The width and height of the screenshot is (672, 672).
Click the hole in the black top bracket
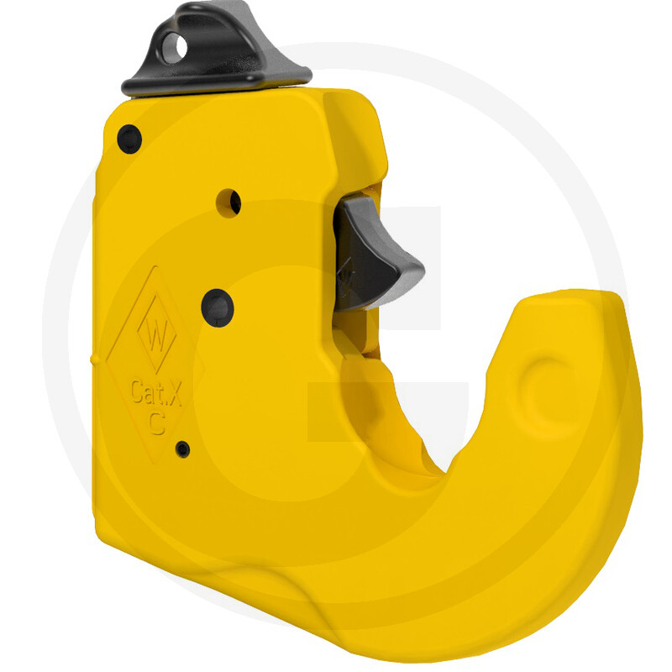click(x=175, y=48)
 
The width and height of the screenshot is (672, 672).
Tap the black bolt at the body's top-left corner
click(x=129, y=139)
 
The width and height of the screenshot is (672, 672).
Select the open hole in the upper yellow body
click(x=228, y=203)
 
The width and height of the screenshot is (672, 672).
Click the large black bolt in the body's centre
click(x=218, y=307)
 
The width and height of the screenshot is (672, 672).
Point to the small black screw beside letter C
click(x=183, y=449)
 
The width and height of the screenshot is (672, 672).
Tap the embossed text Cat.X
click(x=156, y=392)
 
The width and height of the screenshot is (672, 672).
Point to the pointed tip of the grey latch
click(x=423, y=270)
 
